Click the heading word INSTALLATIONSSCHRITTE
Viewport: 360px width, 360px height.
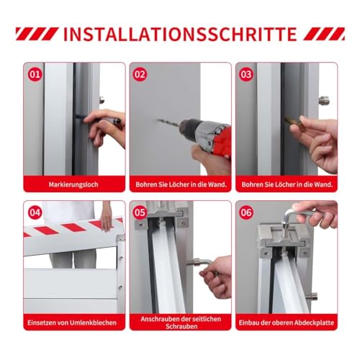pos(180,34)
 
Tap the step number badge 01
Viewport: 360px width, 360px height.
pos(35,74)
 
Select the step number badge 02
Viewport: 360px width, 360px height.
pos(140,74)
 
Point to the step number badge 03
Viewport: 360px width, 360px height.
pos(246,74)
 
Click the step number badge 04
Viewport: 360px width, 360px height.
pos(35,212)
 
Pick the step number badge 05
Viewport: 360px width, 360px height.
pos(140,212)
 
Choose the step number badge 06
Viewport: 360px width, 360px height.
pos(246,212)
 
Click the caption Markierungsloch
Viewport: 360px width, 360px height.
pos(73,184)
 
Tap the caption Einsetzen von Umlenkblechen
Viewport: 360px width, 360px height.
pos(72,323)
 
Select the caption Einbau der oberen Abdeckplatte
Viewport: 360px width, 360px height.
pos(287,323)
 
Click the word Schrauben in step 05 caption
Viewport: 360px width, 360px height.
pos(181,326)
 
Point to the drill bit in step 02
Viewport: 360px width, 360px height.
pos(168,122)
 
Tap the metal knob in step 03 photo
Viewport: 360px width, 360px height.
pos(324,100)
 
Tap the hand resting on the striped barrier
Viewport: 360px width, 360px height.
pos(106,220)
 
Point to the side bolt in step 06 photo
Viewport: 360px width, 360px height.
pos(312,297)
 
